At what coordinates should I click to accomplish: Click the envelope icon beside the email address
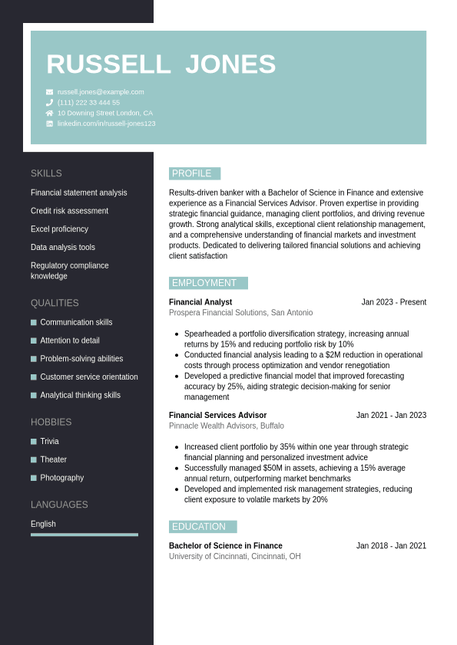click(x=49, y=92)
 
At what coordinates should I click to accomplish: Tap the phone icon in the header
click(x=49, y=102)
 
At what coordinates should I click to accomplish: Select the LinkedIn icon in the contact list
click(x=49, y=123)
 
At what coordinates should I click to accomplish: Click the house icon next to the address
click(x=49, y=113)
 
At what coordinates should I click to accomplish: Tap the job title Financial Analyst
click(x=200, y=302)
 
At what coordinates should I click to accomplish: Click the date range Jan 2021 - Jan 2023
click(x=391, y=416)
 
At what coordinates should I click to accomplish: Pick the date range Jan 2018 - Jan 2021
click(x=391, y=546)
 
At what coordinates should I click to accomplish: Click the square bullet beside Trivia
click(x=34, y=442)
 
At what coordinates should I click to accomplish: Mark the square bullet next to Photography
click(x=34, y=478)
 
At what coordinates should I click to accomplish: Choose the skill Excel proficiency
click(x=59, y=229)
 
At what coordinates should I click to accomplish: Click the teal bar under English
click(x=84, y=535)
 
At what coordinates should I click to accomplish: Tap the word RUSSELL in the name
click(x=108, y=64)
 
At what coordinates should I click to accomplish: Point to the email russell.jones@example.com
click(x=101, y=92)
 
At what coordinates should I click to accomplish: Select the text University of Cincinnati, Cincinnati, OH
click(x=235, y=557)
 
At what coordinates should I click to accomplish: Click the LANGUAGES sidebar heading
click(x=59, y=505)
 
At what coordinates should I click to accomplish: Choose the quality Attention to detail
click(x=70, y=341)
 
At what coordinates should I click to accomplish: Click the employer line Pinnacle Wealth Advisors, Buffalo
click(x=227, y=426)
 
